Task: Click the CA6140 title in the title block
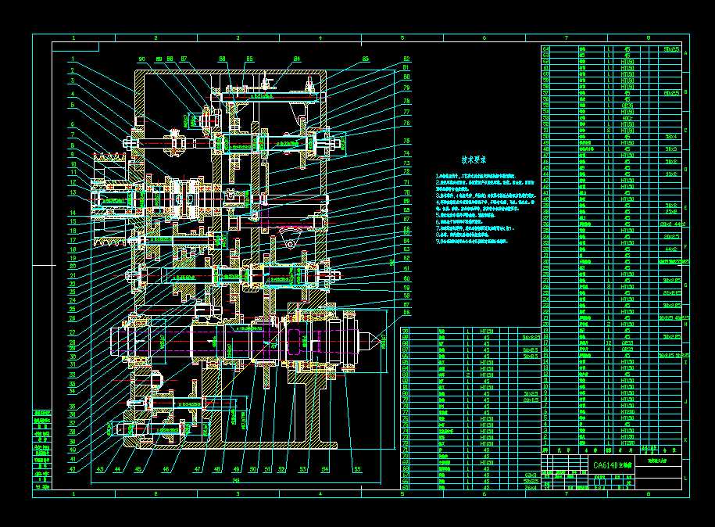606,465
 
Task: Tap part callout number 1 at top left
71,59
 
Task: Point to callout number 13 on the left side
71,192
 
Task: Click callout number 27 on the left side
71,332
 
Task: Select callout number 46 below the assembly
166,470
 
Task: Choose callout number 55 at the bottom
356,470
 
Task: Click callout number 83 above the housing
365,59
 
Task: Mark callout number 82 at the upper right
406,59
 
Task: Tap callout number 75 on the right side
406,141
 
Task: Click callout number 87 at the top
184,59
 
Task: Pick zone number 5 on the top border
402,38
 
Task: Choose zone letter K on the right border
685,440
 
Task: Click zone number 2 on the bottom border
156,495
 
